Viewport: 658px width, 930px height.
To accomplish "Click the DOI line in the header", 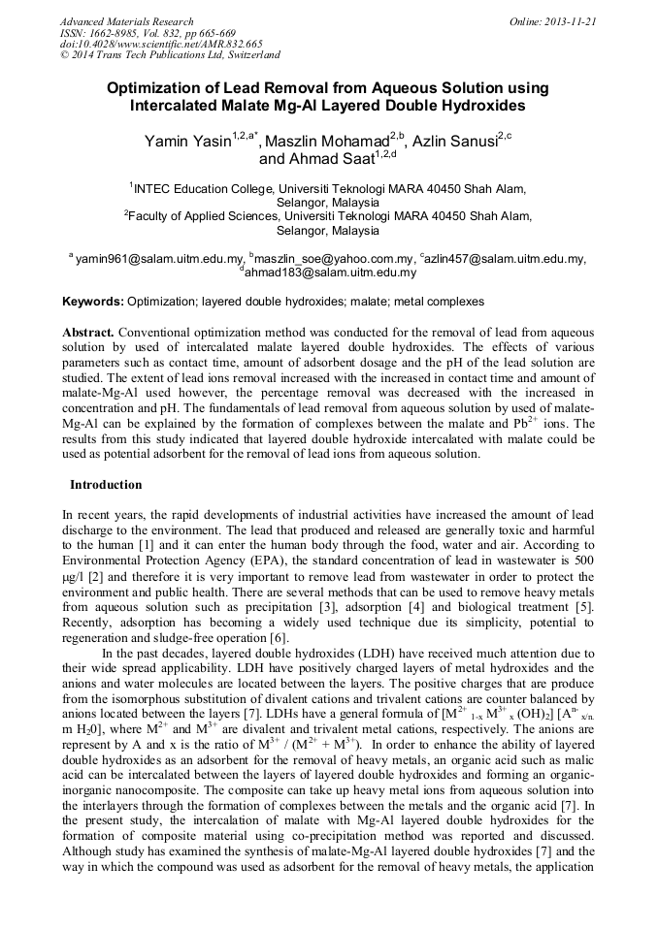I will [x=161, y=45].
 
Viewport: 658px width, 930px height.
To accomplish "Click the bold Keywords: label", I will [x=93, y=303].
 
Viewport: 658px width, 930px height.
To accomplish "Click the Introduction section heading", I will [x=106, y=484].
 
